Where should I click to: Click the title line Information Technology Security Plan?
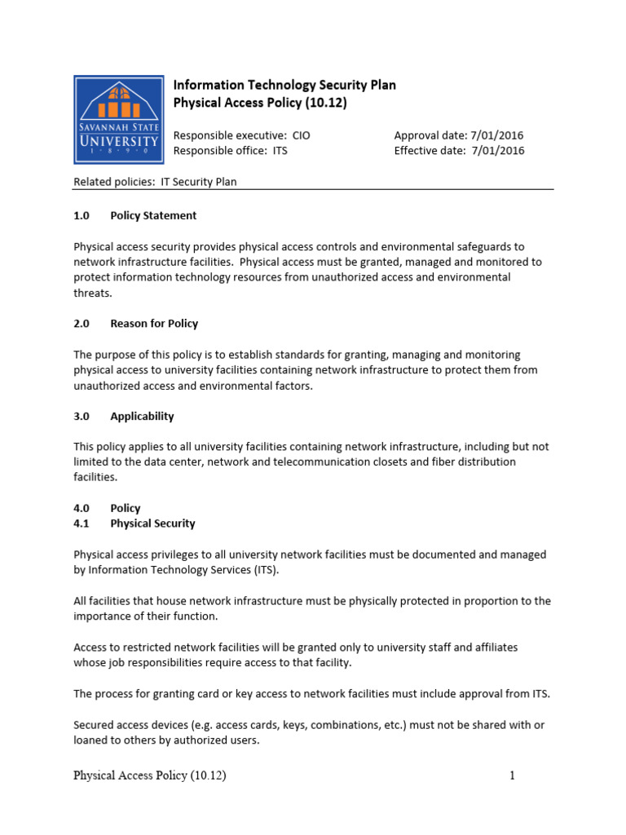[x=284, y=86]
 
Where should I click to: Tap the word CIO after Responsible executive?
[x=301, y=135]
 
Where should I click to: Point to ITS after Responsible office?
[x=279, y=150]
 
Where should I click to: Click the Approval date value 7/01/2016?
[x=496, y=135]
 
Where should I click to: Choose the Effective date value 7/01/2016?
[x=496, y=150]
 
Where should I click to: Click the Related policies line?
[x=155, y=182]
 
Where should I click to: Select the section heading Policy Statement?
[x=153, y=216]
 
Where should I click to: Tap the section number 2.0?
[x=82, y=324]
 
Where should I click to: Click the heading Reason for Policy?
[x=154, y=324]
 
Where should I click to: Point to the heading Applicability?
[x=142, y=416]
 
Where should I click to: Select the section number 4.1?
[x=82, y=524]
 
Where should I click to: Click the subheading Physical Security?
[x=152, y=524]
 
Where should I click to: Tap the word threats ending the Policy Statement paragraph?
[x=93, y=293]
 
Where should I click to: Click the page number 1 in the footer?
[x=512, y=776]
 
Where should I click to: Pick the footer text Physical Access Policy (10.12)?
[x=149, y=776]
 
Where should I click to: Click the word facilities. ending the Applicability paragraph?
[x=95, y=477]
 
